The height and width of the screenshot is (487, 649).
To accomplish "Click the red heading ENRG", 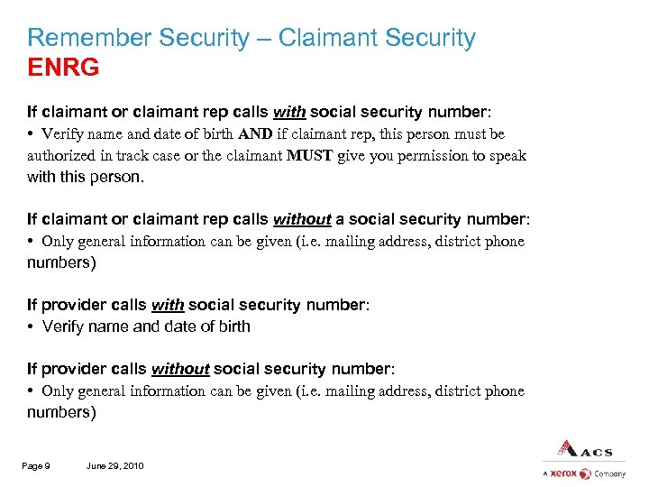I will [x=63, y=67].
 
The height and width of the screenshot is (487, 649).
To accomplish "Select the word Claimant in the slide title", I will [x=327, y=38].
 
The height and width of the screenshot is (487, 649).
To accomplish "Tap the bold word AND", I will [x=258, y=134].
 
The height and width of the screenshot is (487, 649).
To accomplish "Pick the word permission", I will [x=425, y=155].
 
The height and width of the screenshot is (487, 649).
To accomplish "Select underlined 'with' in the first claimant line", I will [x=289, y=113].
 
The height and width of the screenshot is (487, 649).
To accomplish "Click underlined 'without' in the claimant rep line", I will [x=302, y=219].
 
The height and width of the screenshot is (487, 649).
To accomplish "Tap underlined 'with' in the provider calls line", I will [x=168, y=305].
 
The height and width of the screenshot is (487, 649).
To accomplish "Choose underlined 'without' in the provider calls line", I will [x=180, y=369].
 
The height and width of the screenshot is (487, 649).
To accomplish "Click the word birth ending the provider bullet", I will [x=231, y=326].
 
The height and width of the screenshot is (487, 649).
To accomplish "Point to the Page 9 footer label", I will [x=37, y=465].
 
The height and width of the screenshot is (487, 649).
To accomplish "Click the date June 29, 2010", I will [x=114, y=465].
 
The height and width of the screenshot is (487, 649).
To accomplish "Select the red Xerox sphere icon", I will [x=585, y=473].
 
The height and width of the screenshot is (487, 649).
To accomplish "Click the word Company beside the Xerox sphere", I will [x=609, y=473].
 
